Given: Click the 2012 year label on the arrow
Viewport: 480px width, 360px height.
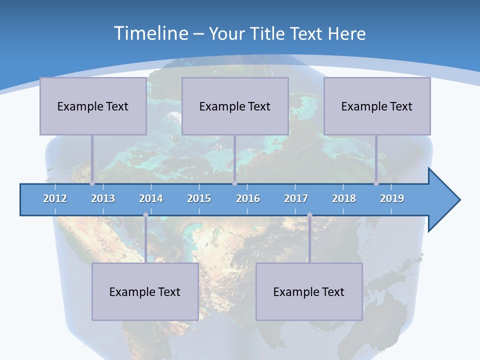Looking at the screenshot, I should click(x=55, y=198).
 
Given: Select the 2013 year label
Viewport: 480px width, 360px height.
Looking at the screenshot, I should click(x=103, y=198).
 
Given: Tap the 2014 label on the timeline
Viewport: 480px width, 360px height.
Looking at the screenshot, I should click(x=151, y=198).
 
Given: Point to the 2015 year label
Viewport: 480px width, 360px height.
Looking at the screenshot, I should click(x=199, y=198).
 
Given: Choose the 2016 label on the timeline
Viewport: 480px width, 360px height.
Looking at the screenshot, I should click(x=248, y=198).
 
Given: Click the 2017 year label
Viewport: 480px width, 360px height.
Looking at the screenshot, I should click(x=296, y=198).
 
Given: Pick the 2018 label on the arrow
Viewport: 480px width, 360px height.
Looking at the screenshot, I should click(x=344, y=198).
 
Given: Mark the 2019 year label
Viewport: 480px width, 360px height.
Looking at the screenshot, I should click(x=392, y=198).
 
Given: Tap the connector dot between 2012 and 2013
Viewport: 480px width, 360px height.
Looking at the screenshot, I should click(x=92, y=183).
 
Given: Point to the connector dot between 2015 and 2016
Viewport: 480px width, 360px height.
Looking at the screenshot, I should click(x=234, y=183).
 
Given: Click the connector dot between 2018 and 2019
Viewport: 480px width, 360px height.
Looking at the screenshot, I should click(x=376, y=183).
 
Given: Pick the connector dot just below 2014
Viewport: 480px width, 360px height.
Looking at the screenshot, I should click(x=145, y=215).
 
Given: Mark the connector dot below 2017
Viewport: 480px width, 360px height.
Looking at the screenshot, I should click(x=309, y=215).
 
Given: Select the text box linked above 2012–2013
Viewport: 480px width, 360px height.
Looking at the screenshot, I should click(x=93, y=106).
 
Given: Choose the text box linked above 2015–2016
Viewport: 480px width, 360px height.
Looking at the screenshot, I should click(x=235, y=106).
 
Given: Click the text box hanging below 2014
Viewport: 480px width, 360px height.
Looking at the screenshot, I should click(x=145, y=291).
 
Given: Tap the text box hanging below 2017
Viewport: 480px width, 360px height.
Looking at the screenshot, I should click(x=309, y=291).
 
